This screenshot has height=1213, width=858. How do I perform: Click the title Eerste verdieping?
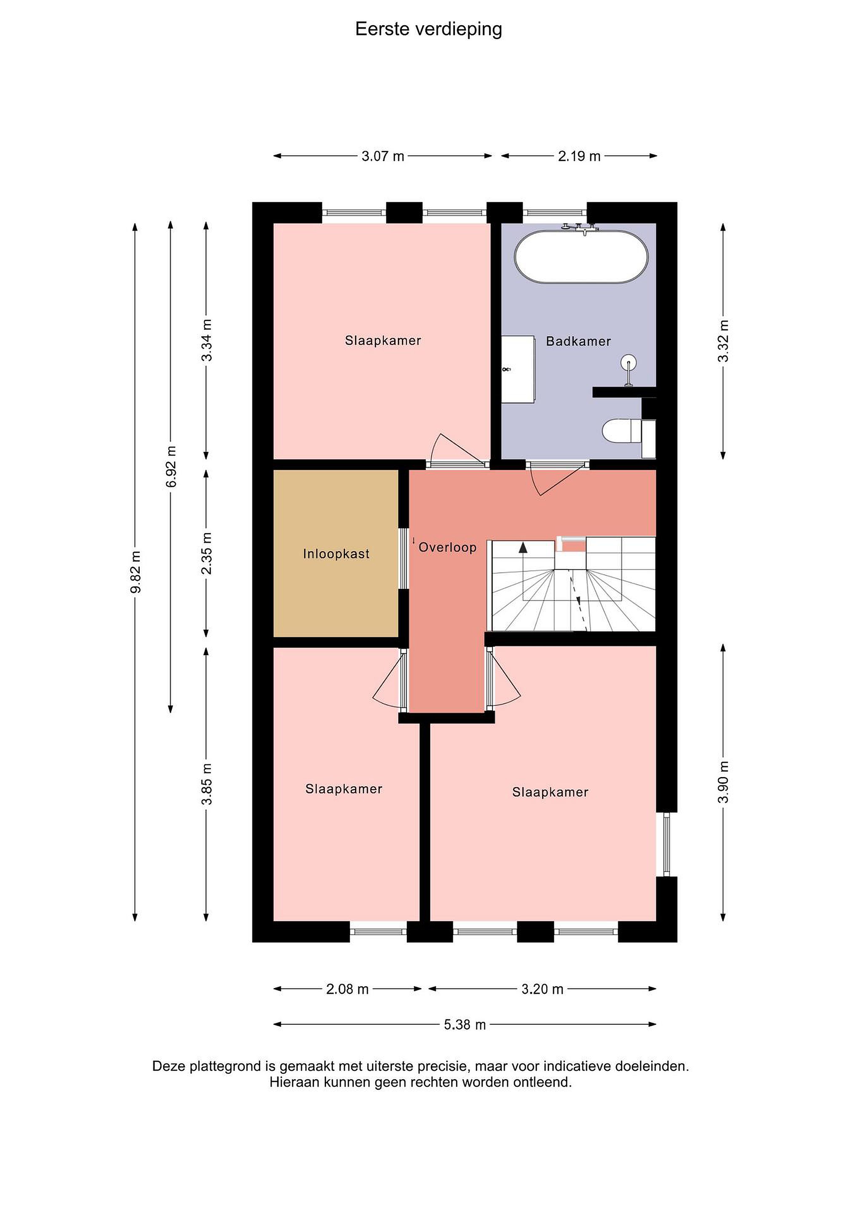pos(428,29)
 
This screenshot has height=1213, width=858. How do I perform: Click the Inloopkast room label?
pos(336,554)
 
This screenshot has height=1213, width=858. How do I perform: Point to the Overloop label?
pos(447,548)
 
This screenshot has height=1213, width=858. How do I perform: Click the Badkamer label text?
pos(578,341)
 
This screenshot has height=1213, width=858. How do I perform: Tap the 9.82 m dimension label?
pos(136,571)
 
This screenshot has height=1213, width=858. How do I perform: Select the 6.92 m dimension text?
pos(171,468)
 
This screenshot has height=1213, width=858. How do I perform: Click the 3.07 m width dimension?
pos(383,156)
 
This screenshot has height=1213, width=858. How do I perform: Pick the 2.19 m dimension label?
pos(579,156)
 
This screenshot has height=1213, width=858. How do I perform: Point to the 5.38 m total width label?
pos(465,1025)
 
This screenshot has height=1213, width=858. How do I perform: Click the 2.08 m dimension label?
pos(347,989)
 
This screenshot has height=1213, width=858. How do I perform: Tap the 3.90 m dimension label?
pos(723,782)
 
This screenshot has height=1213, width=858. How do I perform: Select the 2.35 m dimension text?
pos(207,553)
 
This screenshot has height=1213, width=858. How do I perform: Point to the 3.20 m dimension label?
pos(543,989)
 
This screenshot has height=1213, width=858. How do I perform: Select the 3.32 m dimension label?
pos(723,341)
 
